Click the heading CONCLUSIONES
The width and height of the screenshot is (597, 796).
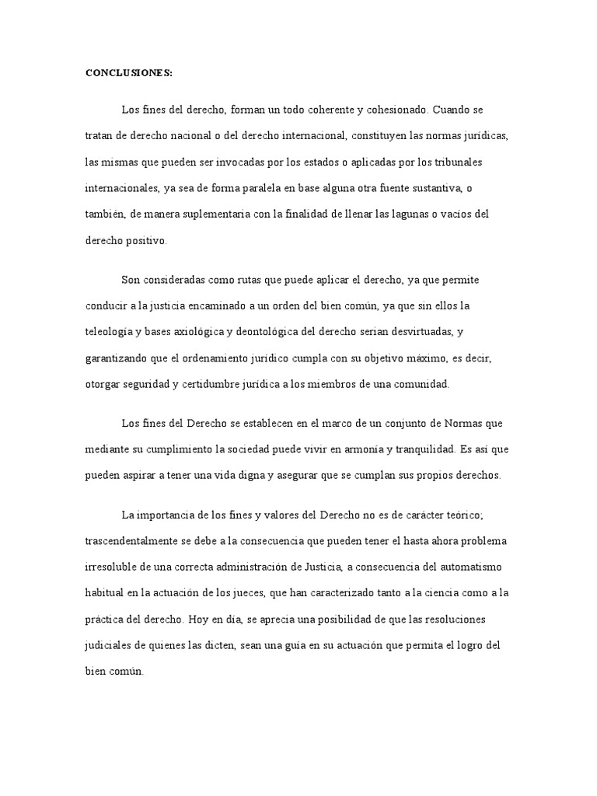pos(128,73)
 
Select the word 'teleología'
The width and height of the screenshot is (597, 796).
pos(111,332)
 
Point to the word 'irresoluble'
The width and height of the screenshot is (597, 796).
pos(109,566)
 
